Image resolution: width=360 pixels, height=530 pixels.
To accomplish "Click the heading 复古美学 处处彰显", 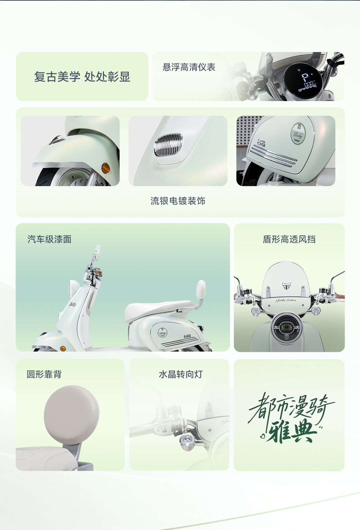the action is (x=82, y=77).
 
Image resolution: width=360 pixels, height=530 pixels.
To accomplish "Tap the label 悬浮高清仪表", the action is (x=189, y=67).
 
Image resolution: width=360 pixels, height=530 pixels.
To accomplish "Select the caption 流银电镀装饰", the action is (x=178, y=201).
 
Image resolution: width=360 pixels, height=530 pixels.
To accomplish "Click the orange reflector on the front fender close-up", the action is (x=105, y=168).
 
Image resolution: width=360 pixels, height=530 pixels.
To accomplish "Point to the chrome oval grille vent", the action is (x=168, y=144).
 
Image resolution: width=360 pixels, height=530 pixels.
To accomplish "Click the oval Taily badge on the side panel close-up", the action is (x=298, y=133).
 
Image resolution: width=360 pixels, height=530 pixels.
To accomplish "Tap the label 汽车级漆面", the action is (x=49, y=239).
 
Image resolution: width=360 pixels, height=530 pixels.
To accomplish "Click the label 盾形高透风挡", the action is (x=289, y=239).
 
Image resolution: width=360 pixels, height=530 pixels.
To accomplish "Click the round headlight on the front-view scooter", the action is (x=286, y=328).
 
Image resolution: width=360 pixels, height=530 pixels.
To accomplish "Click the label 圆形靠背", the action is (x=44, y=374).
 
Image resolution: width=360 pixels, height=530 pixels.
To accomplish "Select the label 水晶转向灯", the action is (x=181, y=374).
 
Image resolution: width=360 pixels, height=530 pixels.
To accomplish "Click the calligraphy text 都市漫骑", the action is (x=291, y=407).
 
